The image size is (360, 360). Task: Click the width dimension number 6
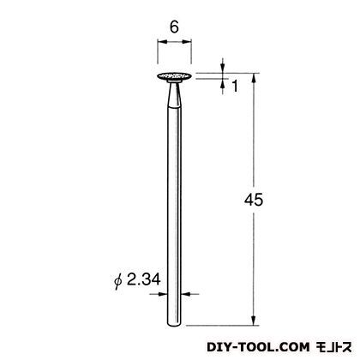pos(174,27)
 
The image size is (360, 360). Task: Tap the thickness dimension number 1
pos(235,86)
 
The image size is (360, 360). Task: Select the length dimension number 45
pos(254,200)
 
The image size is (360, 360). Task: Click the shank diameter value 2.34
pos(143,279)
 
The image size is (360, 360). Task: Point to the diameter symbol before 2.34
pos(117,281)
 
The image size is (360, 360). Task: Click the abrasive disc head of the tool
pos(174,76)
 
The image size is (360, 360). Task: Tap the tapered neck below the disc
pos(174,94)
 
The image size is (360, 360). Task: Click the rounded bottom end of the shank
pos(174,324)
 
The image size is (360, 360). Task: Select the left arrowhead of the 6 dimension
pos(162,42)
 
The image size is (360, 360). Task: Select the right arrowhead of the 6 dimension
pos(187,42)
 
